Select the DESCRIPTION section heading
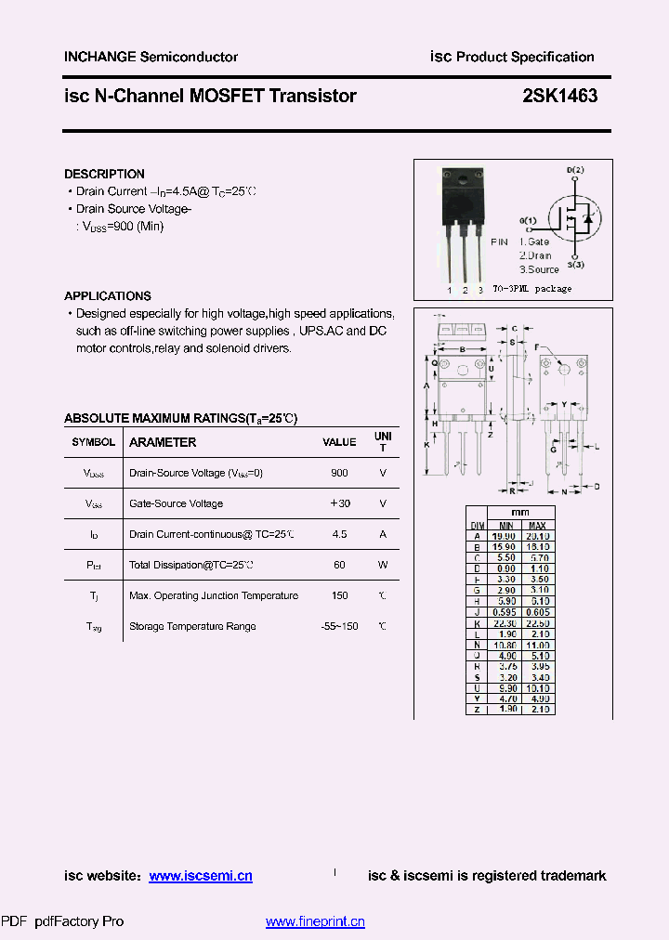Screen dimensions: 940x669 [x=104, y=174]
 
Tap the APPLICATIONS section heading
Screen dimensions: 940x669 [x=107, y=296]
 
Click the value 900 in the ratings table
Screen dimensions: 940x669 [x=339, y=473]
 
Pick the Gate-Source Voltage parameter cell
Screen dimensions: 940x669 [x=176, y=503]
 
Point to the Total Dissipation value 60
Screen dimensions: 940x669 [x=339, y=565]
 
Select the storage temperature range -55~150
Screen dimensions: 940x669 [x=339, y=626]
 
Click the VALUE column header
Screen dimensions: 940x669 [x=339, y=442]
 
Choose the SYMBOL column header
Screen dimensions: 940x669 [x=94, y=442]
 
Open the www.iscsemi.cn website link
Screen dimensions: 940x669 [x=201, y=876]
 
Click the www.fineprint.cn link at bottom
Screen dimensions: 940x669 [x=315, y=921]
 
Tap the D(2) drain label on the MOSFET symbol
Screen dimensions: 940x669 [x=575, y=170]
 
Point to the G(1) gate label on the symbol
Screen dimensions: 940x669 [x=528, y=220]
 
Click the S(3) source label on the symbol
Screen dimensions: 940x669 [x=576, y=266]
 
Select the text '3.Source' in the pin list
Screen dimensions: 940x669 [x=539, y=269]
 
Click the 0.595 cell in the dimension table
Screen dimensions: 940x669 [x=502, y=612]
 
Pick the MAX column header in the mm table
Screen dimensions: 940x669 [x=537, y=525]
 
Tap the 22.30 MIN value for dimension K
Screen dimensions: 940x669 [x=502, y=623]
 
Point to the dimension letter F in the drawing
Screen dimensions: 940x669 [x=537, y=347]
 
